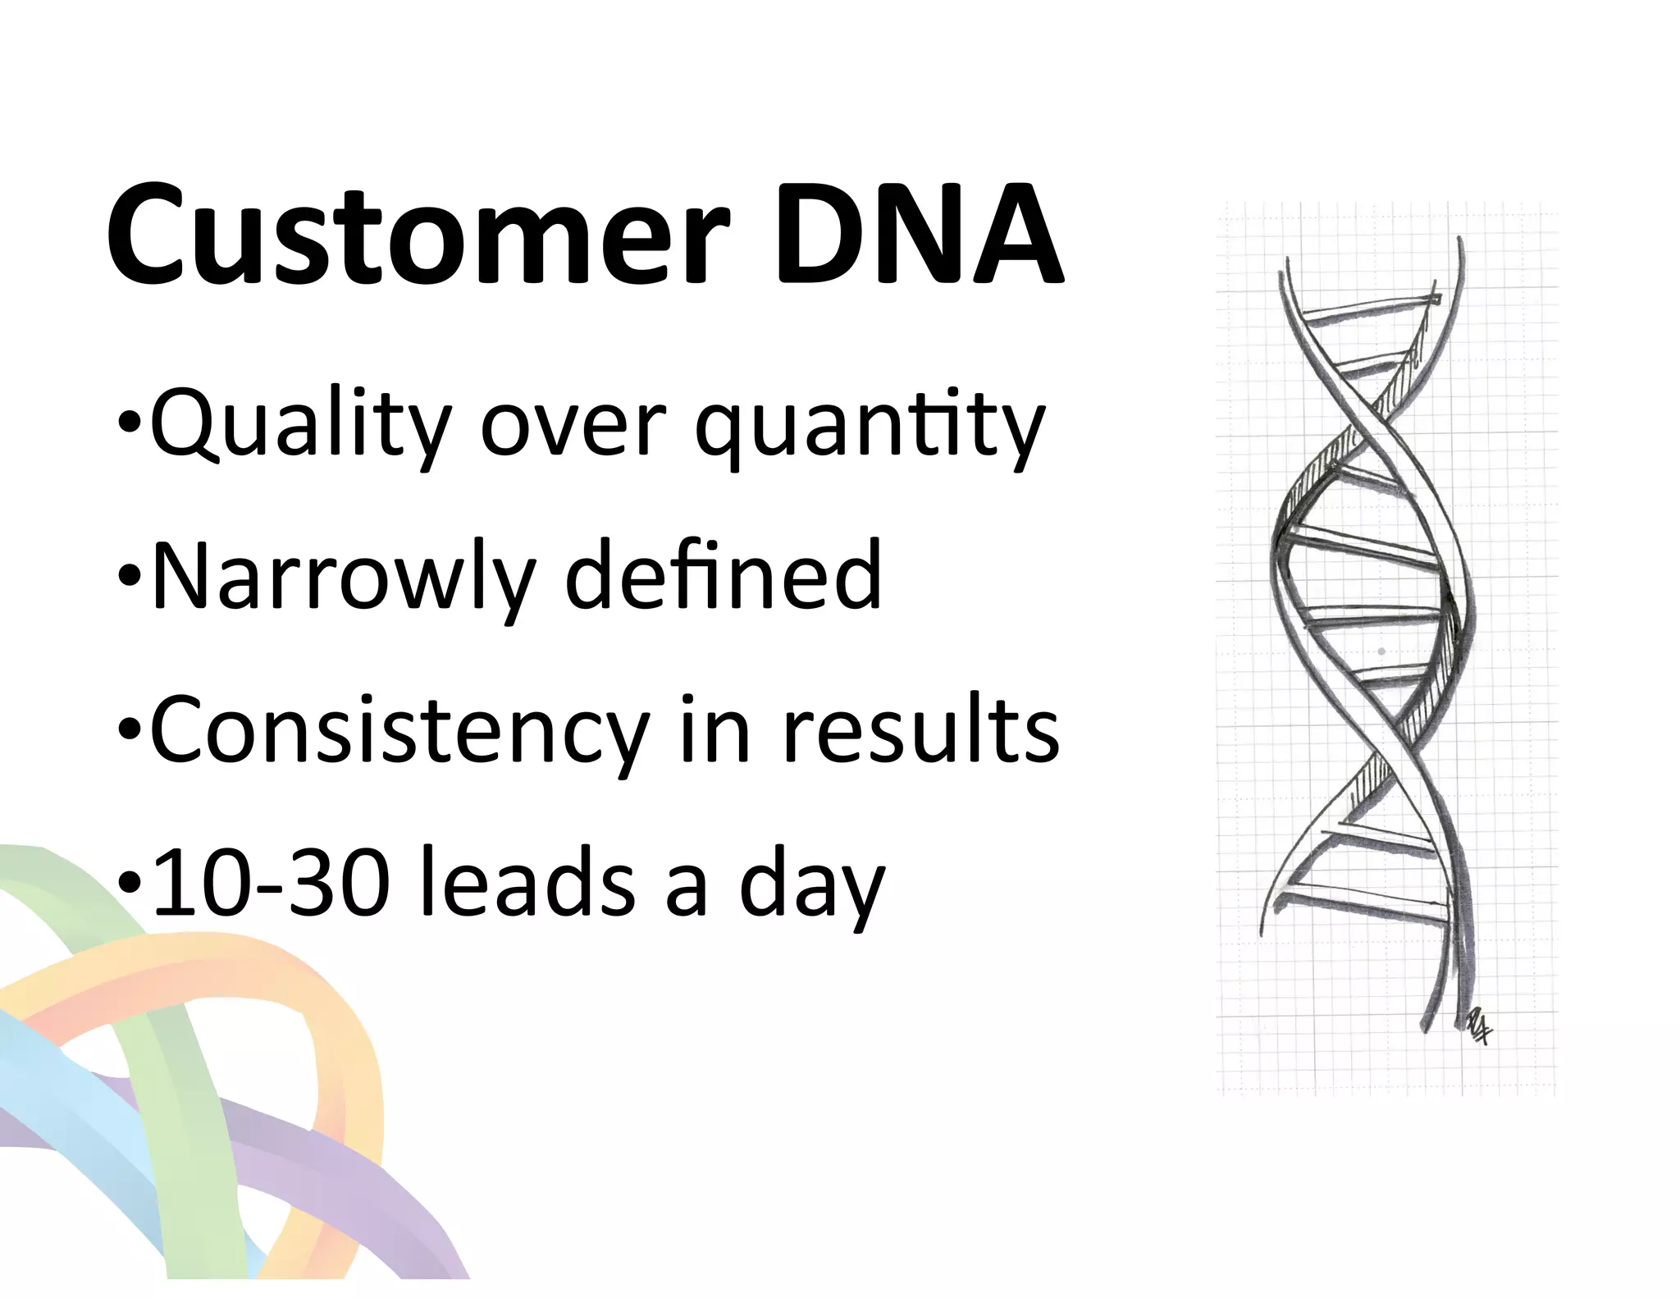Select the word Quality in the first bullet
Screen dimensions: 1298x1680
click(x=300, y=427)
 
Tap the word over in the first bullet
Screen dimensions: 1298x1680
click(x=572, y=427)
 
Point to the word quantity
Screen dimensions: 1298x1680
click(x=869, y=427)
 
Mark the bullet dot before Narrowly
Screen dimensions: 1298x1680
click(x=130, y=578)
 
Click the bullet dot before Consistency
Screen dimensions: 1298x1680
click(x=130, y=731)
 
